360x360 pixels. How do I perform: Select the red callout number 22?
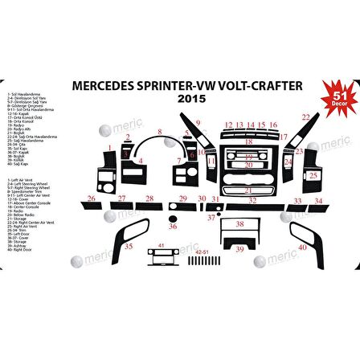click(x=305, y=117)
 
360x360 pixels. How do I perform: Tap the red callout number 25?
click(x=313, y=174)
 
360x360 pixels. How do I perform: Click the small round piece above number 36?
click(x=173, y=218)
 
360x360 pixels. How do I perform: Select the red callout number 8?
click(x=161, y=131)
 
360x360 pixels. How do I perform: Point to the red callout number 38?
click(x=239, y=224)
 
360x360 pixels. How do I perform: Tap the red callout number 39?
click(x=239, y=250)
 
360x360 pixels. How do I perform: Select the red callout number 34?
click(x=319, y=199)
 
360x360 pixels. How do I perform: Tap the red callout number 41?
click(x=161, y=243)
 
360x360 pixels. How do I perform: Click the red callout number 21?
click(x=248, y=190)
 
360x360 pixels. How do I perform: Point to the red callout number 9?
click(x=198, y=123)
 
